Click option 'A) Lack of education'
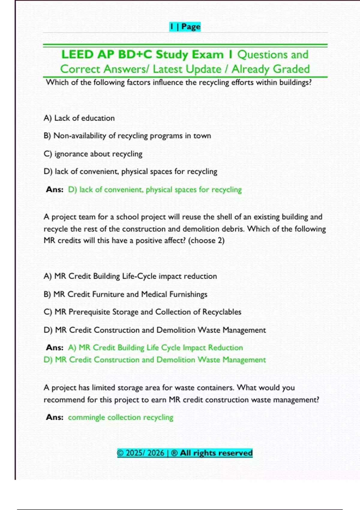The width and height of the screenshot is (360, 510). (x=79, y=118)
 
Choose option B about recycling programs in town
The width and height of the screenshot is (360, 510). (x=127, y=136)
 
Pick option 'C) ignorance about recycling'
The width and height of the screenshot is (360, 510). (x=93, y=154)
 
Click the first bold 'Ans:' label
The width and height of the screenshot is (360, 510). (x=55, y=190)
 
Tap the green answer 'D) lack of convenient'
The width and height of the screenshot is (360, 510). (x=155, y=190)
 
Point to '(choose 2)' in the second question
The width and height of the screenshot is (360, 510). (x=206, y=241)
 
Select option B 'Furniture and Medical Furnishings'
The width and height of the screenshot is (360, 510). (x=125, y=294)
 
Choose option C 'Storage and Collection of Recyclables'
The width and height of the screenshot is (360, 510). (x=142, y=312)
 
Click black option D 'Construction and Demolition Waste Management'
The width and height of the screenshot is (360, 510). (x=155, y=330)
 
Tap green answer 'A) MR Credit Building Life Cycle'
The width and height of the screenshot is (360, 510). (x=155, y=348)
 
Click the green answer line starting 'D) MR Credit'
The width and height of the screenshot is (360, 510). (x=155, y=360)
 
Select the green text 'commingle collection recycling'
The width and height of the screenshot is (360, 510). (x=121, y=417)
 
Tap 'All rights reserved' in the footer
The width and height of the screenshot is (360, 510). (x=216, y=453)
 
